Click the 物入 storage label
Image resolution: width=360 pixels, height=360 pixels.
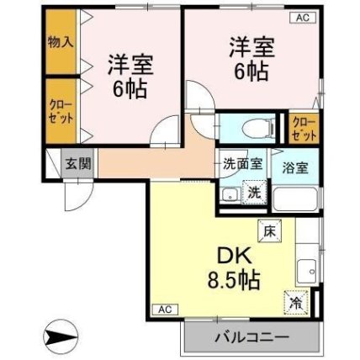coord(61,42)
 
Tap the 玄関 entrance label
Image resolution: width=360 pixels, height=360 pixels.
coord(78,163)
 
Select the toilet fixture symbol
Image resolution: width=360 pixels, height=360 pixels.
coord(257,129)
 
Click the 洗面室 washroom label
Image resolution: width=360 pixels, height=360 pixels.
coord(242,164)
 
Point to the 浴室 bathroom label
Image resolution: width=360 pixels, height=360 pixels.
coord(295,167)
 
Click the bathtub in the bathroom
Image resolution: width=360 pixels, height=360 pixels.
coord(295,199)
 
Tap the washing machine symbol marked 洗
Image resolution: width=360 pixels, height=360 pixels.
coord(254,193)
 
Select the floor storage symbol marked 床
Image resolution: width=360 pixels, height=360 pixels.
coord(269,230)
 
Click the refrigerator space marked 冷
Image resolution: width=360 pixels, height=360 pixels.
coord(296,302)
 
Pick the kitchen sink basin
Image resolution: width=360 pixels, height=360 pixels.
coord(307,271)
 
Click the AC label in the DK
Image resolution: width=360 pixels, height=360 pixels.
coord(165,310)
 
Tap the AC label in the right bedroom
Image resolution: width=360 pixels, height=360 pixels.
coord(303,18)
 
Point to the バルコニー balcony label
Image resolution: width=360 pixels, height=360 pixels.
coord(251,337)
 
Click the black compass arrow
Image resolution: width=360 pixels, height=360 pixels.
coord(60,336)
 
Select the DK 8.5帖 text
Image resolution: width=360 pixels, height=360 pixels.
coord(234,268)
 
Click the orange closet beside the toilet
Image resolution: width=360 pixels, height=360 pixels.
coord(304,129)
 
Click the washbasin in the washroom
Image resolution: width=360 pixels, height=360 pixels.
coord(230,195)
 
